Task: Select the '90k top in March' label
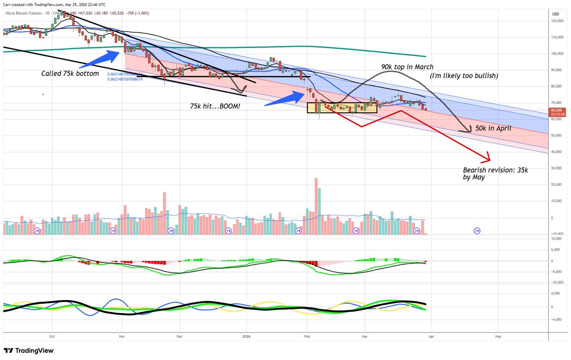(407, 67)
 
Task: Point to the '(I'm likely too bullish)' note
(463, 76)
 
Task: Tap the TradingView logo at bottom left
(29, 350)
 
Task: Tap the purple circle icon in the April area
(477, 231)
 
